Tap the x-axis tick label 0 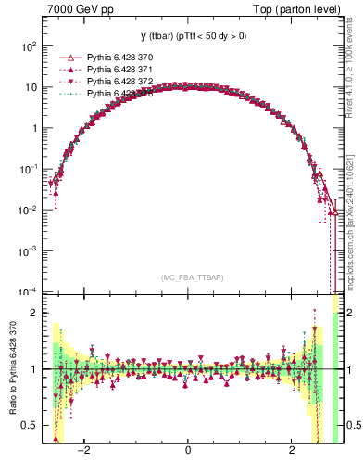pos(188,452)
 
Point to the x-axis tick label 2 pos(292,452)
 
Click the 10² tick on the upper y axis pos(29,46)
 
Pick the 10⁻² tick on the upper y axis pos(28,210)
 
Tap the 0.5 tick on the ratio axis pos(29,426)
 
